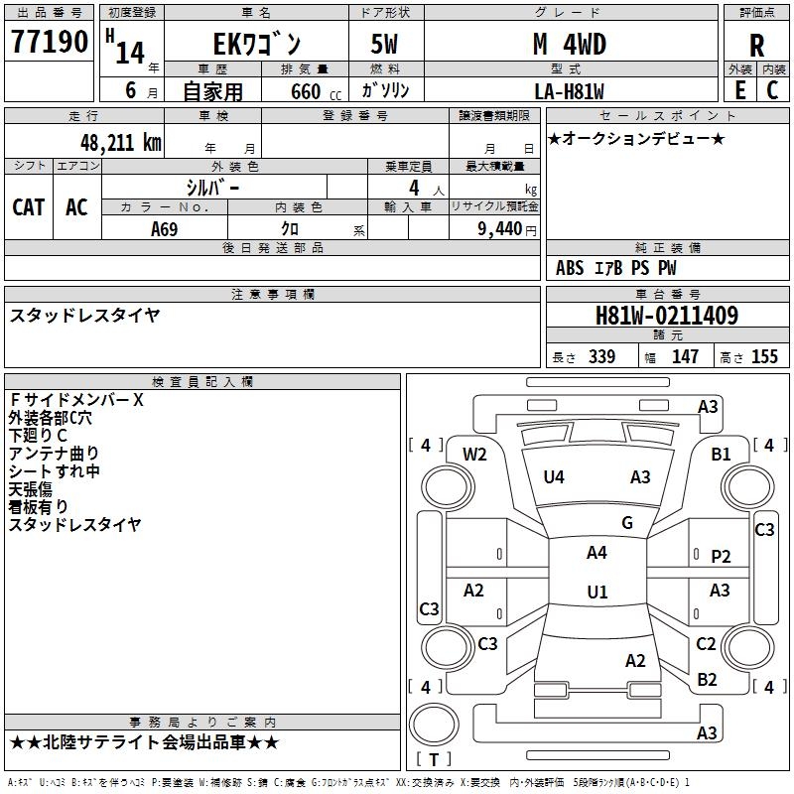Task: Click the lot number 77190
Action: pyautogui.click(x=50, y=44)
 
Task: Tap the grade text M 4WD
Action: pyautogui.click(x=570, y=45)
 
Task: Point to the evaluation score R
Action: pyautogui.click(x=757, y=46)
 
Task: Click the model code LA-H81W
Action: pyautogui.click(x=571, y=90)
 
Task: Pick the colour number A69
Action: pyautogui.click(x=165, y=229)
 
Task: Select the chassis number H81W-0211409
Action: pyautogui.click(x=667, y=316)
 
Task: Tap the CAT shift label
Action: pyautogui.click(x=29, y=206)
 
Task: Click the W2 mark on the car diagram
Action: pyautogui.click(x=475, y=455)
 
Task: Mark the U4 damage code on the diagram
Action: pyautogui.click(x=554, y=477)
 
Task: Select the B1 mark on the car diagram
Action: pyautogui.click(x=721, y=455)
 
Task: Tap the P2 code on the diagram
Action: pyautogui.click(x=721, y=557)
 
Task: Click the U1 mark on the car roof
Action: pyautogui.click(x=596, y=593)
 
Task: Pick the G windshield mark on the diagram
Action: pyautogui.click(x=626, y=523)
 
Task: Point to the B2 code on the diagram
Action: pyautogui.click(x=707, y=680)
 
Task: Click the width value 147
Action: pyautogui.click(x=685, y=357)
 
